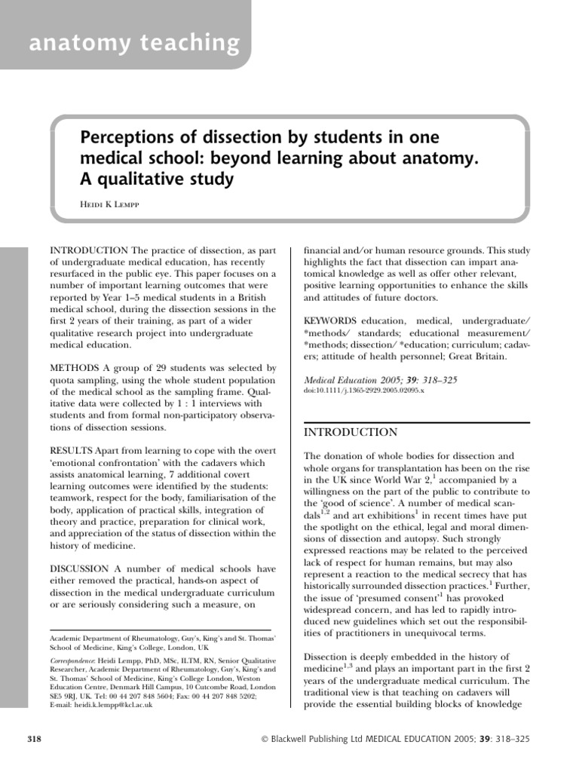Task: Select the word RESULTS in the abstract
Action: (73, 450)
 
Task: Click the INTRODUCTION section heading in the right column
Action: (350, 432)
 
